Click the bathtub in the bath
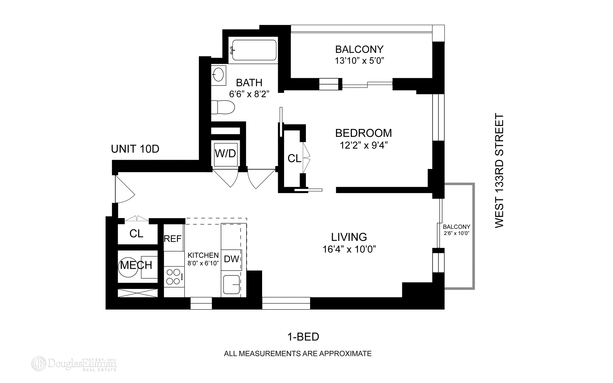[x=254, y=50]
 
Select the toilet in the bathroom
[x=223, y=107]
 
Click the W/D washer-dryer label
[x=225, y=154]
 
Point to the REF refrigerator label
[x=173, y=239]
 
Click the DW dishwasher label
[x=231, y=259]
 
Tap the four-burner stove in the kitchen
[x=174, y=277]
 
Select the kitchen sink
[x=231, y=284]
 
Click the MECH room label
[x=136, y=265]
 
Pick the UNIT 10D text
[x=135, y=149]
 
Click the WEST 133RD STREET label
[x=499, y=171]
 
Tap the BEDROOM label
[x=363, y=133]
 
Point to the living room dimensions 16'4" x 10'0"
[x=349, y=249]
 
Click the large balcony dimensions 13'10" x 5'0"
[x=359, y=60]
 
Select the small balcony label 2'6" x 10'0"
[x=457, y=233]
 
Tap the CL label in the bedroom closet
[x=294, y=158]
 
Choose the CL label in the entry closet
[x=136, y=234]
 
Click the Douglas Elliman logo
[x=74, y=364]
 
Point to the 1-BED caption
[x=303, y=337]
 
